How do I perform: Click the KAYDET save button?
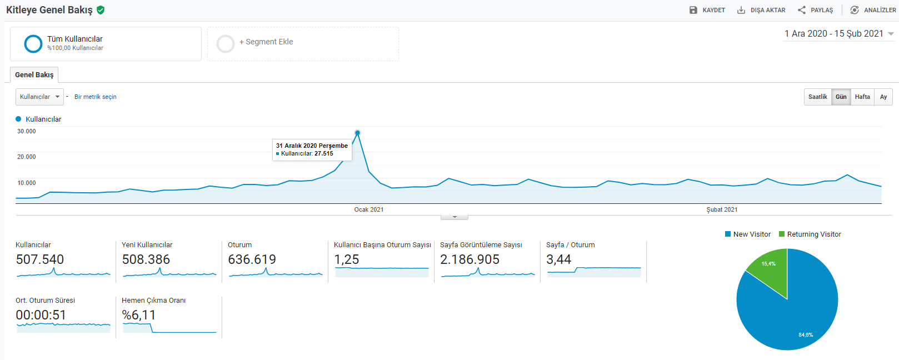[707, 10]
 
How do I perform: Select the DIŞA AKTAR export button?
[761, 10]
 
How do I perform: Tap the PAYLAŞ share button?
[815, 10]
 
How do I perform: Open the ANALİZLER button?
[872, 10]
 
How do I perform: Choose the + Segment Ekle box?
[303, 44]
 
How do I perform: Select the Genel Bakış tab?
[34, 74]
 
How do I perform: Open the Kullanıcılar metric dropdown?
[39, 97]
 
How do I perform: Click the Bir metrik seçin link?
[95, 97]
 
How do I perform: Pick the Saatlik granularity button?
[817, 97]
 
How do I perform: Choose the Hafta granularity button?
[862, 97]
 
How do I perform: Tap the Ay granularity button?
[883, 97]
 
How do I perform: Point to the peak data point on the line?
[357, 132]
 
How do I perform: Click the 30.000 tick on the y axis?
[26, 131]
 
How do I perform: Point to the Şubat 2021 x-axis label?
[722, 209]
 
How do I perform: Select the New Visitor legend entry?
[748, 234]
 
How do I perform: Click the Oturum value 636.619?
[252, 259]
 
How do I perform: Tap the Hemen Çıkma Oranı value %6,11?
[138, 315]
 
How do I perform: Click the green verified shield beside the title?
[101, 10]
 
